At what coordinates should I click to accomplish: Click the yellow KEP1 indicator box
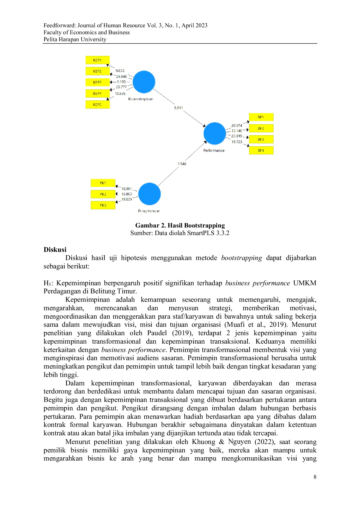coord(98,60)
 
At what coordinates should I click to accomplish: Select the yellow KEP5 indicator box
coord(98,104)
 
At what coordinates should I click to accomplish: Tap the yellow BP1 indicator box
coord(261,117)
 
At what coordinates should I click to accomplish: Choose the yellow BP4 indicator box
coord(261,150)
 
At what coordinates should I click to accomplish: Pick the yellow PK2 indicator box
coord(103,194)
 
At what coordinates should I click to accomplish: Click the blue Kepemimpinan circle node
coord(144,82)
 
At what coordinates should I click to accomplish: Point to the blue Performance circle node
coord(215,133)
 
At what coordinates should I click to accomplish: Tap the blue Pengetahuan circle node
coord(150,194)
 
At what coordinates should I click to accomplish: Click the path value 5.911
coord(179,108)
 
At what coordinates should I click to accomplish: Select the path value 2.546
coord(182,164)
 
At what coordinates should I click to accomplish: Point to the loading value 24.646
coord(121,77)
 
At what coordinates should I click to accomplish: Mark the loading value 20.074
coord(237,126)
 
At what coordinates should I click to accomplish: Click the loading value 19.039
coord(127,199)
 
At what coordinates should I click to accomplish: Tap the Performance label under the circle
coord(214,151)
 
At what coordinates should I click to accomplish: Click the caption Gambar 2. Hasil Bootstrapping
coord(180,225)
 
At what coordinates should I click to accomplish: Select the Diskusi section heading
coord(55,250)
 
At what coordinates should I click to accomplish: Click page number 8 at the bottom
coord(315,477)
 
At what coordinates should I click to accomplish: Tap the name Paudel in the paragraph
coord(157,333)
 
